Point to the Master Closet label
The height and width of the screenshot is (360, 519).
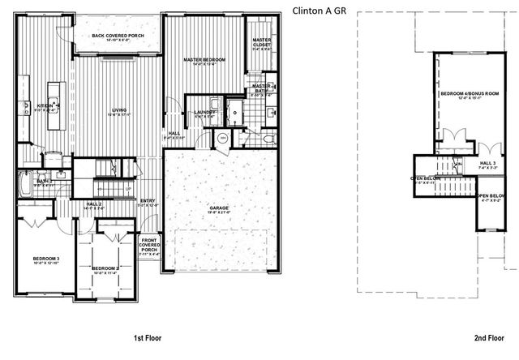[x=261, y=42]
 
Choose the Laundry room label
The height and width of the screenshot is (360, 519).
[x=204, y=113]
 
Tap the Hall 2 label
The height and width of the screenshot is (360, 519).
[x=94, y=205]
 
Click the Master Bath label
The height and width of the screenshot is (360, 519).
[x=261, y=88]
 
